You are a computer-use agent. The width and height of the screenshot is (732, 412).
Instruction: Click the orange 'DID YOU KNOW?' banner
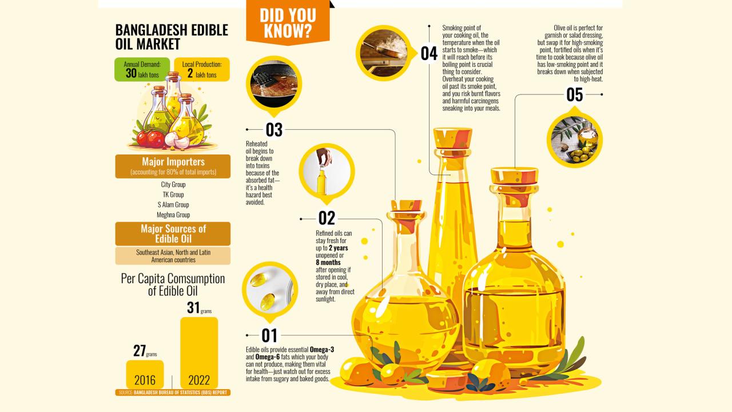[288, 22]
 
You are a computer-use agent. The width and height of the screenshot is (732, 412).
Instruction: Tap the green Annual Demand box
[142, 69]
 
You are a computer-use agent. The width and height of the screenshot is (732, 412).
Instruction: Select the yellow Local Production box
[202, 69]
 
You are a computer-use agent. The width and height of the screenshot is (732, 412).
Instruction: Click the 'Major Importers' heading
[173, 161]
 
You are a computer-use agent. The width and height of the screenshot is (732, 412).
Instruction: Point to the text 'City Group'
[173, 184]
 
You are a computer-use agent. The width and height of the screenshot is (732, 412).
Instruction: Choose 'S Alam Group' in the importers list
[173, 205]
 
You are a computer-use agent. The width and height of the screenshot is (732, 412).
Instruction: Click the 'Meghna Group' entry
[173, 215]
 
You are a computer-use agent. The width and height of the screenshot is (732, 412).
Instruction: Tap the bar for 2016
[145, 374]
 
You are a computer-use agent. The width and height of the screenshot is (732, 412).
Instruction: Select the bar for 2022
[199, 353]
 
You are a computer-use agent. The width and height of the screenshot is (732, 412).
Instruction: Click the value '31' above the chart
[193, 307]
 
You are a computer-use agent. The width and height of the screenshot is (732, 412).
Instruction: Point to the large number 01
[269, 335]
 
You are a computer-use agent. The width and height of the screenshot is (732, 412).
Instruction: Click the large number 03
[274, 130]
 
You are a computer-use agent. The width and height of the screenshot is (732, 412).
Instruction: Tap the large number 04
[429, 54]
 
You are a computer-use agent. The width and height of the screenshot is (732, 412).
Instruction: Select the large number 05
[575, 95]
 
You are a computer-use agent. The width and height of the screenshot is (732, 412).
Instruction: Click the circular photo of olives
[575, 140]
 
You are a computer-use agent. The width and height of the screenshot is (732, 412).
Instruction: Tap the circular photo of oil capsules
[270, 290]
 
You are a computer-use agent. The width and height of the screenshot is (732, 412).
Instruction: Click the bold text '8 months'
[328, 263]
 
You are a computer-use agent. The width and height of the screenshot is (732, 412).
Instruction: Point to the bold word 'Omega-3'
[322, 350]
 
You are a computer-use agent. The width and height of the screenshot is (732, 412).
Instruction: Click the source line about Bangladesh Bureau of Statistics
[173, 393]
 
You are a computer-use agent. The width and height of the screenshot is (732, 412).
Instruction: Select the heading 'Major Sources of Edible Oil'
[173, 233]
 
